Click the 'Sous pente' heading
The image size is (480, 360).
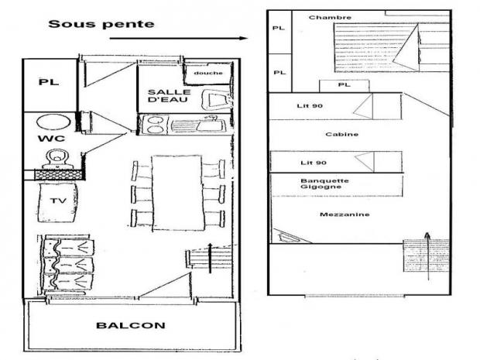pyautogui.click(x=101, y=24)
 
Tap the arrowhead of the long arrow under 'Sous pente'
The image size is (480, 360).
pyautogui.click(x=244, y=38)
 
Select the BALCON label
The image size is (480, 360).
pyautogui.click(x=131, y=325)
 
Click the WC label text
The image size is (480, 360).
pyautogui.click(x=51, y=139)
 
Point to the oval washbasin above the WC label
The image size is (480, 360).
pyautogui.click(x=53, y=122)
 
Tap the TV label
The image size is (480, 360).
pyautogui.click(x=58, y=201)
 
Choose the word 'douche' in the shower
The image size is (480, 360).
pyautogui.click(x=208, y=73)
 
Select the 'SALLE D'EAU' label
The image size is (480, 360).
pyautogui.click(x=169, y=96)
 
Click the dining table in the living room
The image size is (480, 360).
pyautogui.click(x=177, y=193)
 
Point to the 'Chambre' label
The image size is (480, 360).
pyautogui.click(x=330, y=18)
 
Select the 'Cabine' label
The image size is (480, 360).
pyautogui.click(x=342, y=134)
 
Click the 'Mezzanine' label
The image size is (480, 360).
pyautogui.click(x=345, y=214)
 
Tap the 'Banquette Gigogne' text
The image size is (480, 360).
pyautogui.click(x=324, y=183)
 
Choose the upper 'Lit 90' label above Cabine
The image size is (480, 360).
pyautogui.click(x=310, y=106)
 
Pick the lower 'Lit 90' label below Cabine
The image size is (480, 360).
pyautogui.click(x=314, y=163)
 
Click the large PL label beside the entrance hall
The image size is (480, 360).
pyautogui.click(x=49, y=82)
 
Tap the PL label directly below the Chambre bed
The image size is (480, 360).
pyautogui.click(x=345, y=84)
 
